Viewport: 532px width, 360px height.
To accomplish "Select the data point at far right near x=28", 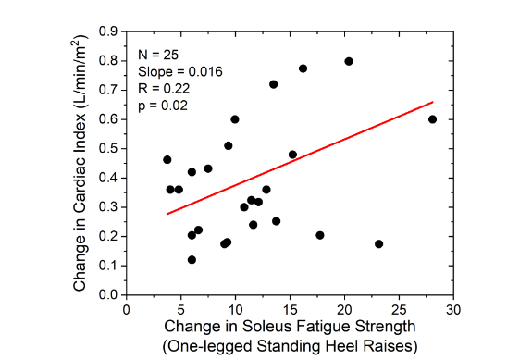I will coord(432,119).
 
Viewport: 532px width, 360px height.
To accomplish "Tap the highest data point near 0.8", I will coord(349,61).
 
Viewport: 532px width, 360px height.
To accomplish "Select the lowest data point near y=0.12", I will coord(192,260).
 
